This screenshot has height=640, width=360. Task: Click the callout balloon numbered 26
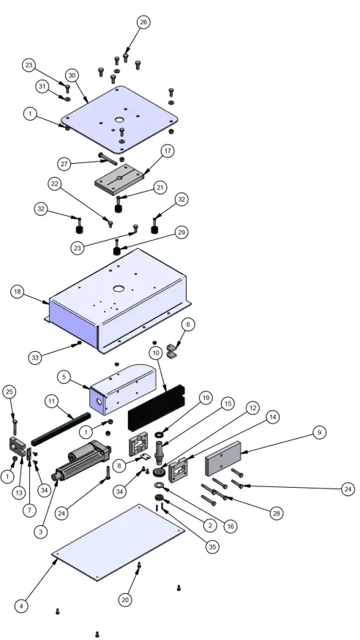coord(143,22)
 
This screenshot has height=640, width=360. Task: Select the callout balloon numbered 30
coord(72,75)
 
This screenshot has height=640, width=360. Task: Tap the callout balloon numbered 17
coord(168,151)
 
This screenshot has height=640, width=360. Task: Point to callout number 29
coord(181,232)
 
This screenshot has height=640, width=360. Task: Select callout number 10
coord(156,353)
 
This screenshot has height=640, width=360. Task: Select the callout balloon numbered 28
coord(277,514)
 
